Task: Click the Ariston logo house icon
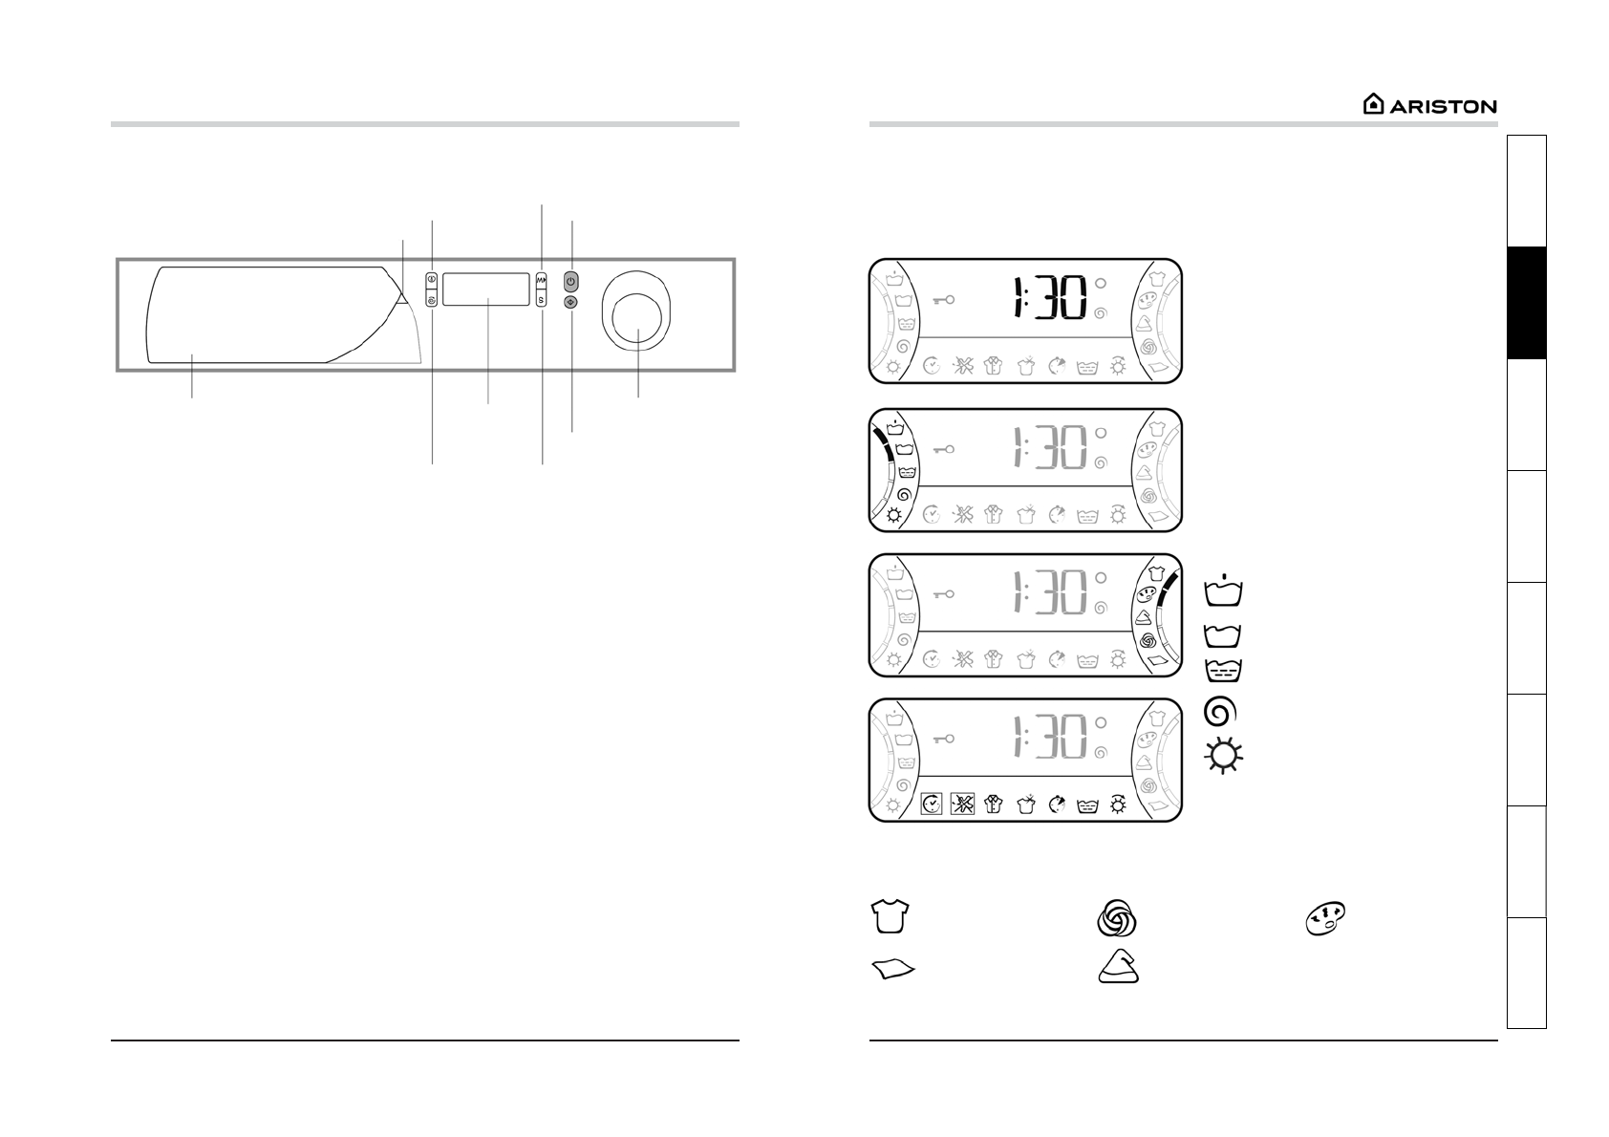(1373, 104)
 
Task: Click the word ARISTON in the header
(1443, 107)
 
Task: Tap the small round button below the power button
(571, 302)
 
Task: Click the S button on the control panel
(541, 298)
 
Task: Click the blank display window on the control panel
(486, 289)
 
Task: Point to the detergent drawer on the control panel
(284, 314)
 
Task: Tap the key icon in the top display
(943, 299)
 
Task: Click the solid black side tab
(1527, 302)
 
